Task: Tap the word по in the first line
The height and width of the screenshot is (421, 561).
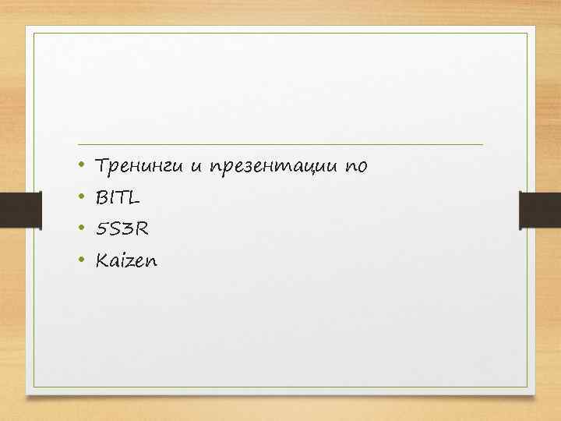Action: point(357,166)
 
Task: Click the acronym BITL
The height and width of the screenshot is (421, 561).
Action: point(118,198)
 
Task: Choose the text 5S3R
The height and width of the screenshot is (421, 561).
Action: point(121,230)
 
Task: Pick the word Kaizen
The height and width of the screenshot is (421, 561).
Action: point(125,261)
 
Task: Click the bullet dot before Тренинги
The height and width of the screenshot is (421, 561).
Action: point(82,166)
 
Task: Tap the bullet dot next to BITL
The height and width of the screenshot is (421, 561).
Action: point(82,198)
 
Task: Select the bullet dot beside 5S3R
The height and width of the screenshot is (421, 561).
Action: point(82,230)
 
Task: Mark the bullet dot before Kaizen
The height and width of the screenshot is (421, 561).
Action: point(82,261)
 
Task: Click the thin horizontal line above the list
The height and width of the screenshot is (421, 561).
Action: point(280,145)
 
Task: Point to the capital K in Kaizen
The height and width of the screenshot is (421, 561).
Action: point(101,261)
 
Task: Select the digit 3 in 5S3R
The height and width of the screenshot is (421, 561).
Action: point(128,230)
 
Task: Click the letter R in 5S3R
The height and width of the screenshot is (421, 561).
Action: point(141,230)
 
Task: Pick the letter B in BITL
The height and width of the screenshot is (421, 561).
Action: point(101,198)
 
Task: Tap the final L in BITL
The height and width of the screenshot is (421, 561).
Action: point(136,198)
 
